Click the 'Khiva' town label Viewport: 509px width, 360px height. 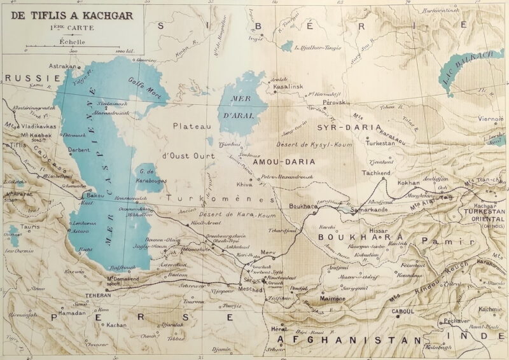pyautogui.click(x=245, y=184)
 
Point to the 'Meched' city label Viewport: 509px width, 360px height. pyautogui.click(x=251, y=288)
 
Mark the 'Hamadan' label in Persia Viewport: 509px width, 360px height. pyautogui.click(x=73, y=314)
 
